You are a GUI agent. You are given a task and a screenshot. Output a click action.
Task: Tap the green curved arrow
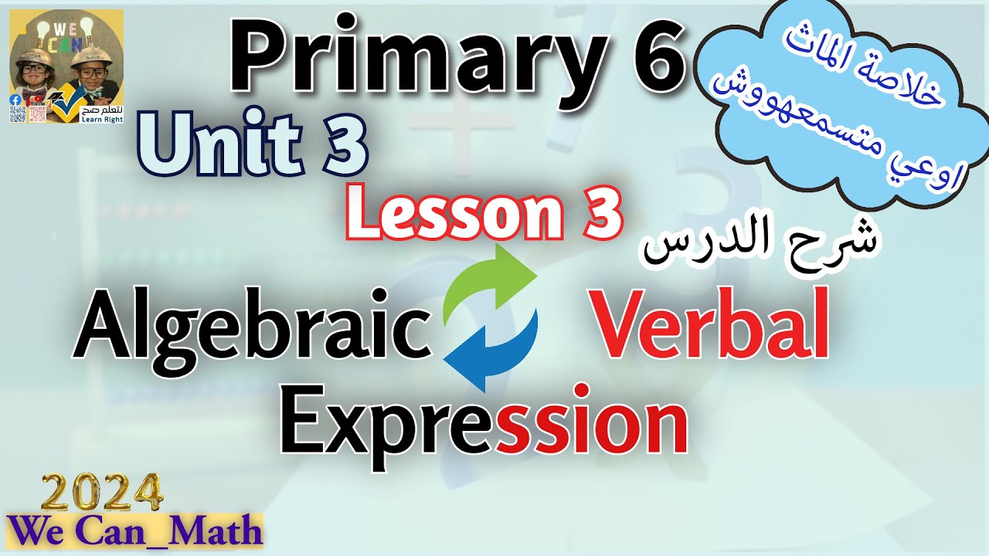coord(490,282)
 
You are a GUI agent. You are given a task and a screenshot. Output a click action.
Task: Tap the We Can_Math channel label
coord(134,531)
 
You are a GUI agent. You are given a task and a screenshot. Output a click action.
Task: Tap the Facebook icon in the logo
coord(16,100)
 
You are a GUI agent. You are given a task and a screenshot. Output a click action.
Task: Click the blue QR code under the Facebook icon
coord(16,114)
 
